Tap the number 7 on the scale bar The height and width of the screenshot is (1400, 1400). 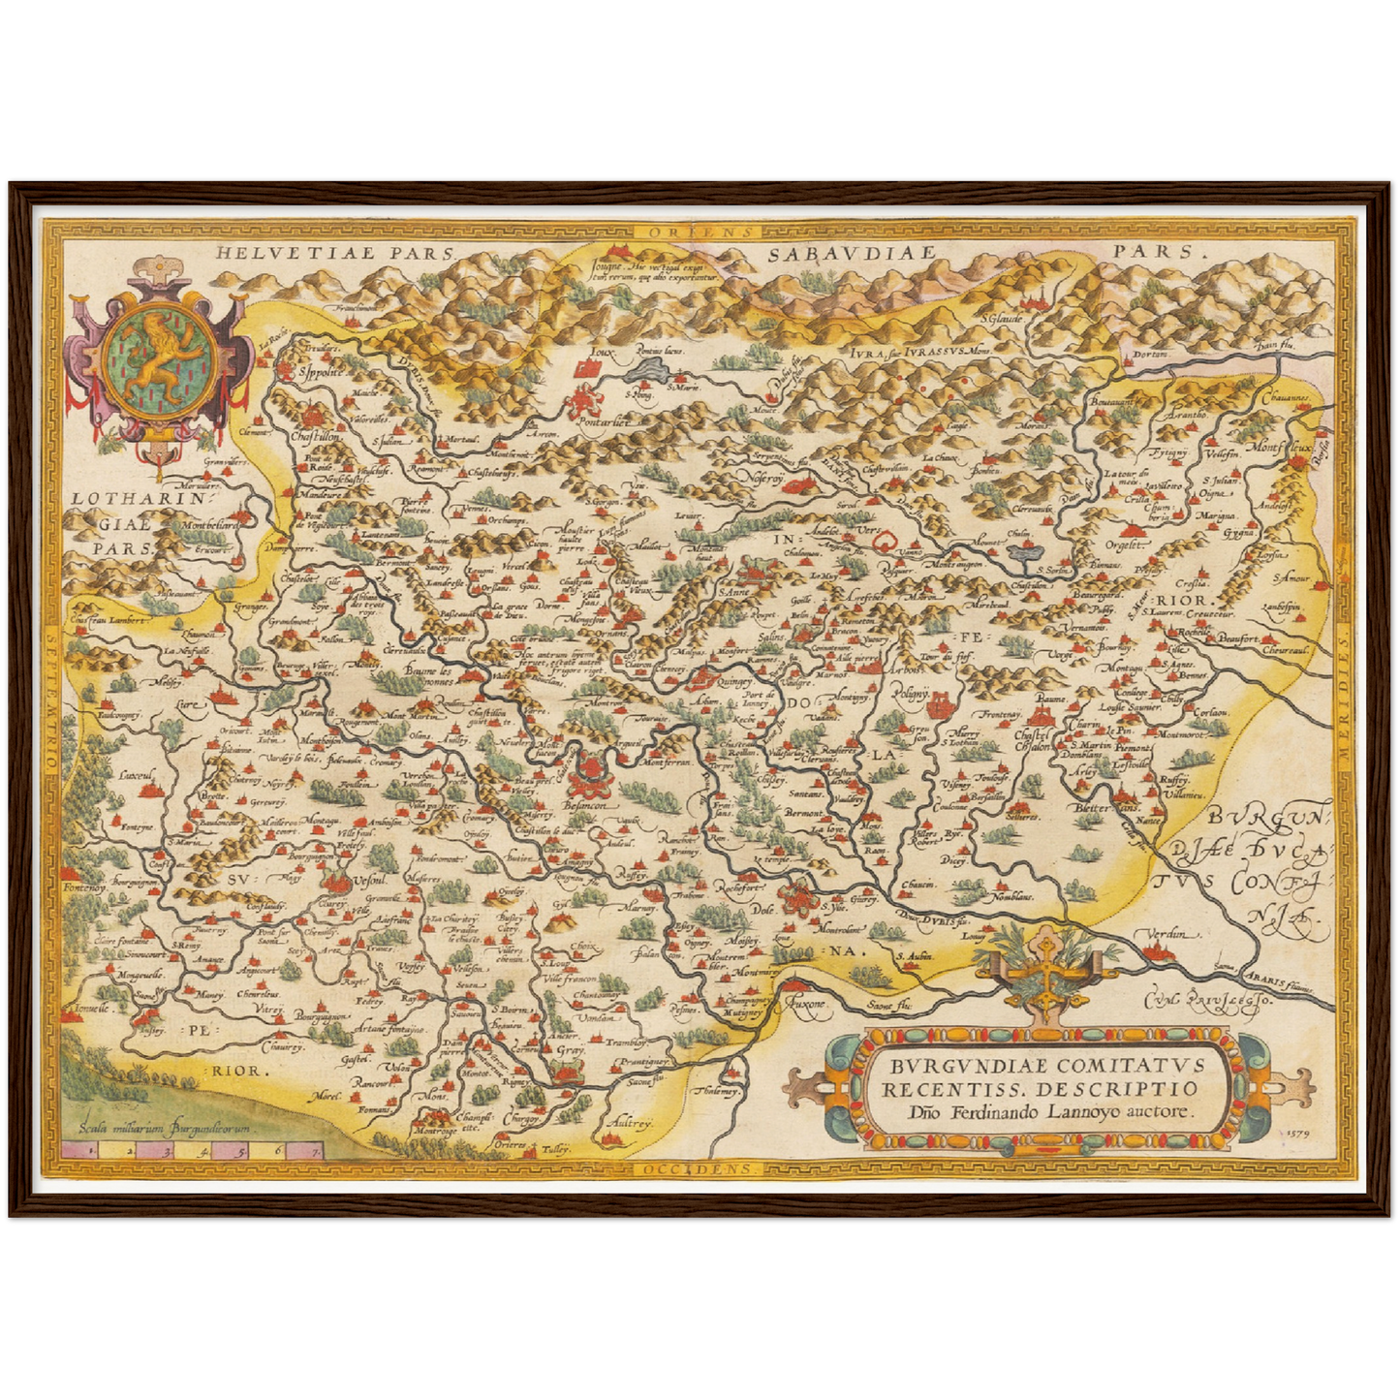pos(315,1152)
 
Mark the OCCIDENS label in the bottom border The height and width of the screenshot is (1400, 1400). pos(700,1168)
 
